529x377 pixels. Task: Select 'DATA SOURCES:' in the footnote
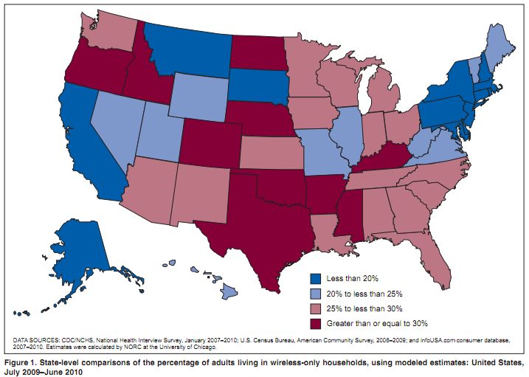point(38,339)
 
